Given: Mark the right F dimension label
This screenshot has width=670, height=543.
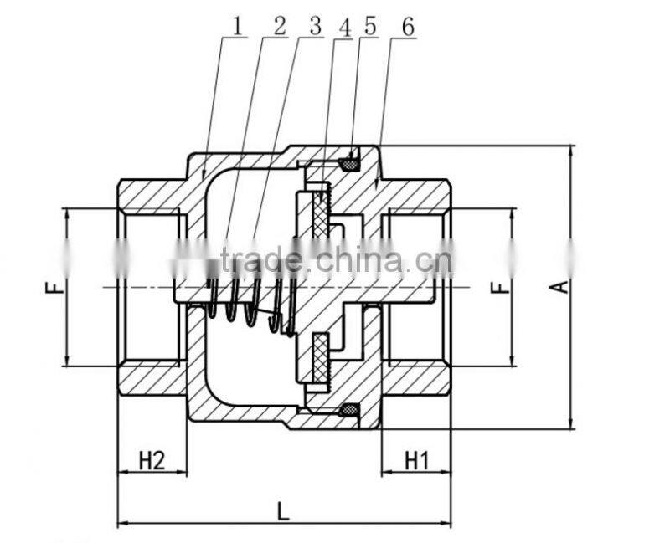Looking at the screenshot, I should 499,287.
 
